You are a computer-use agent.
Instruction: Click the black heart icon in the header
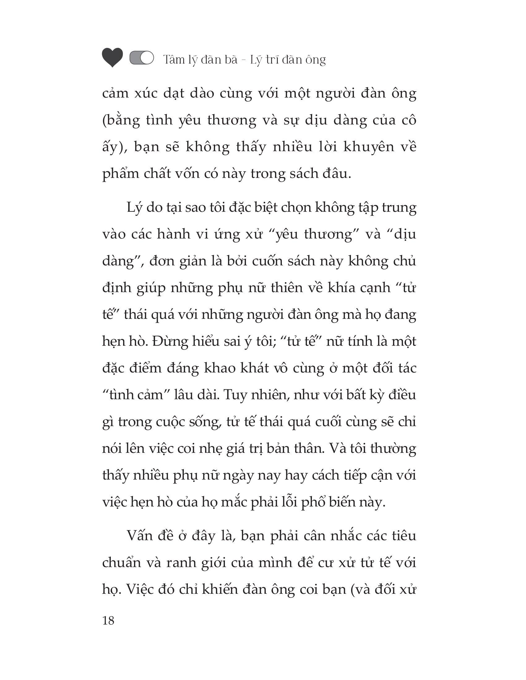pos(113,58)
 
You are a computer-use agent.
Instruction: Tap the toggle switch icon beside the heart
pos(142,58)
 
